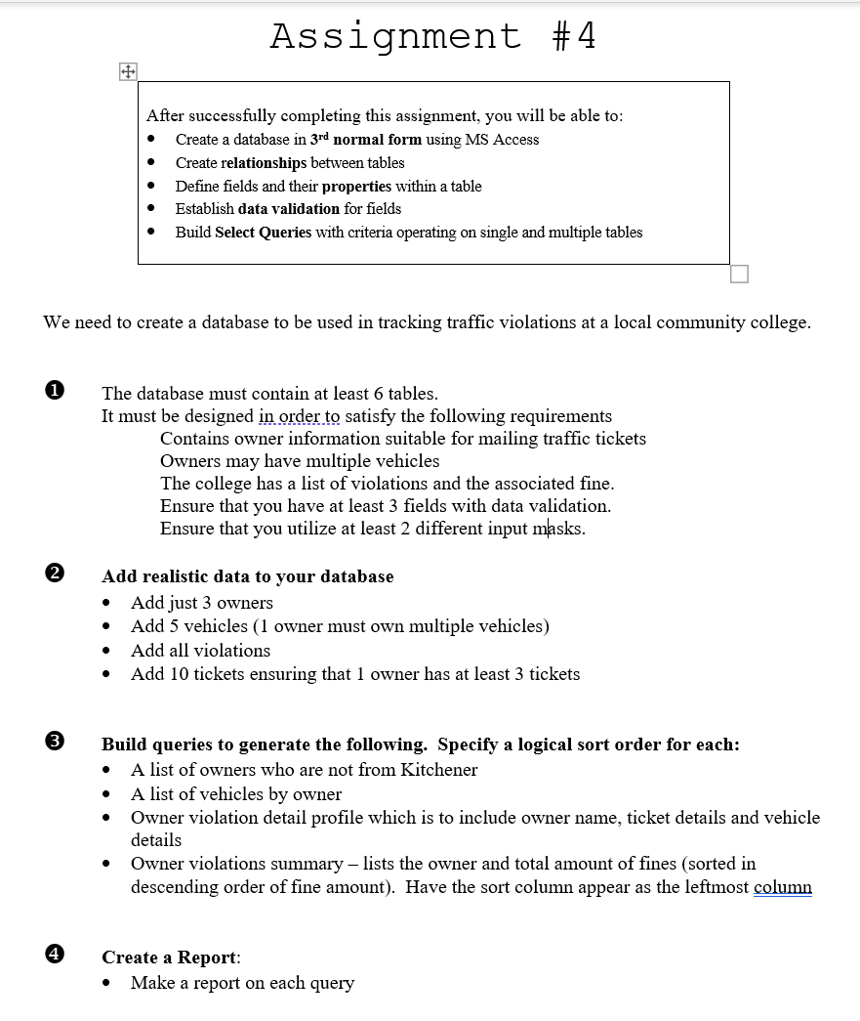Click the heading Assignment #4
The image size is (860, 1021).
[x=432, y=36]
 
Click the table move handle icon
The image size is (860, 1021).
[x=127, y=71]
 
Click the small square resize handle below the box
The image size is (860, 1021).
[x=739, y=275]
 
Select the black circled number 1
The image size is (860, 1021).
[x=55, y=393]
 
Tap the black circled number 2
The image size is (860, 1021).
[x=55, y=575]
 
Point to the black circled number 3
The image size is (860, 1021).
[x=55, y=744]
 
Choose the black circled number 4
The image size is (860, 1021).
[x=55, y=957]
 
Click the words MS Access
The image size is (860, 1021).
[x=502, y=140]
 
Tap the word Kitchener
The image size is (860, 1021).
[x=439, y=770]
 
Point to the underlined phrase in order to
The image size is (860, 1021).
[x=300, y=416]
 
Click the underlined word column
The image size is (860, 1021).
[x=783, y=887]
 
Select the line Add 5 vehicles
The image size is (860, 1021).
[x=340, y=626]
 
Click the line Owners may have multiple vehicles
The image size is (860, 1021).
[x=300, y=461]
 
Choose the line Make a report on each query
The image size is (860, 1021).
[x=242, y=983]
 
